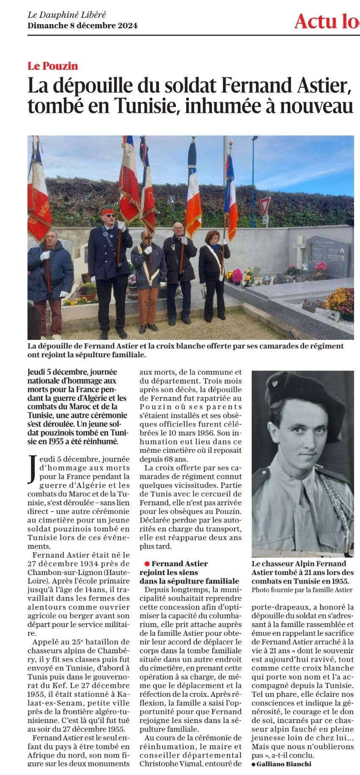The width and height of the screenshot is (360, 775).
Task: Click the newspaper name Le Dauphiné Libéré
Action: point(66,15)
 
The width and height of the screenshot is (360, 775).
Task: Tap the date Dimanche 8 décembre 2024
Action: point(82,25)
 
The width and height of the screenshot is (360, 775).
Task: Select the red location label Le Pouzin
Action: point(53,66)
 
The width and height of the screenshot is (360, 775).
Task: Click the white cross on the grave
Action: point(299,249)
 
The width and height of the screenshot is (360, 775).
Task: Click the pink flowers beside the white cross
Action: point(321,267)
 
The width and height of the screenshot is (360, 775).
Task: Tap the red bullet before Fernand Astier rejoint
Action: point(147,564)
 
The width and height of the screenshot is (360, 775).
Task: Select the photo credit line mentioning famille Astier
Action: point(302,590)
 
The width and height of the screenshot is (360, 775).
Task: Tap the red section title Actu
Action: point(315,21)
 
